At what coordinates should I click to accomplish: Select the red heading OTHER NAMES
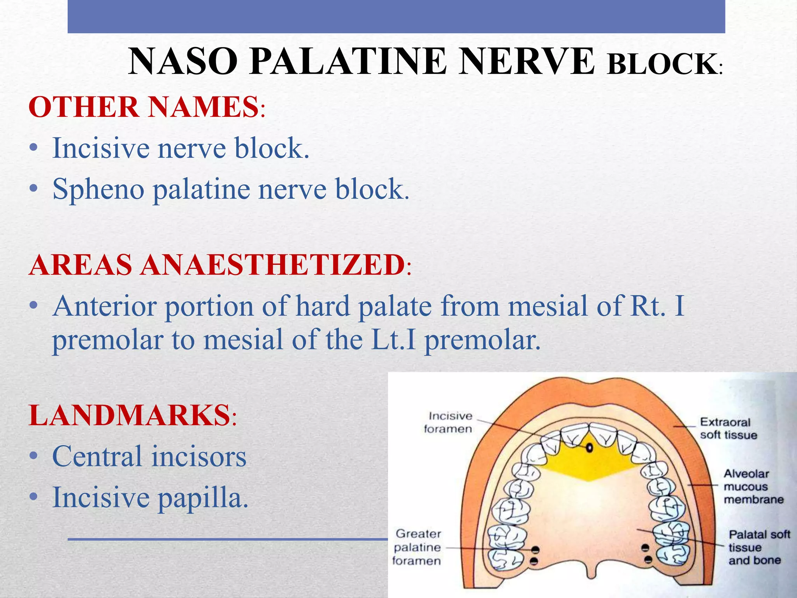pyautogui.click(x=144, y=107)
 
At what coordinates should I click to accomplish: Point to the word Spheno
pyautogui.click(x=98, y=190)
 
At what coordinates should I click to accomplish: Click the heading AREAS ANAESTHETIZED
pyautogui.click(x=217, y=265)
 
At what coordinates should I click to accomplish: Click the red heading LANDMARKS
pyautogui.click(x=130, y=415)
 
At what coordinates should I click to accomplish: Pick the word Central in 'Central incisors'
pyautogui.click(x=97, y=456)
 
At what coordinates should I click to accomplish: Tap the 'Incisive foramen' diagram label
pyautogui.click(x=449, y=422)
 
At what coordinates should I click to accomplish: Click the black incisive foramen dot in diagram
pyautogui.click(x=590, y=448)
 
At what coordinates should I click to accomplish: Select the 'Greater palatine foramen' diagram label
pyautogui.click(x=417, y=547)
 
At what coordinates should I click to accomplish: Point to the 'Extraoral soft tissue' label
pyautogui.click(x=728, y=428)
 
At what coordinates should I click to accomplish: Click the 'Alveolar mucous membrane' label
pyautogui.click(x=753, y=486)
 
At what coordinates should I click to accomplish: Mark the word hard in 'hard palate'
pyautogui.click(x=322, y=306)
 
